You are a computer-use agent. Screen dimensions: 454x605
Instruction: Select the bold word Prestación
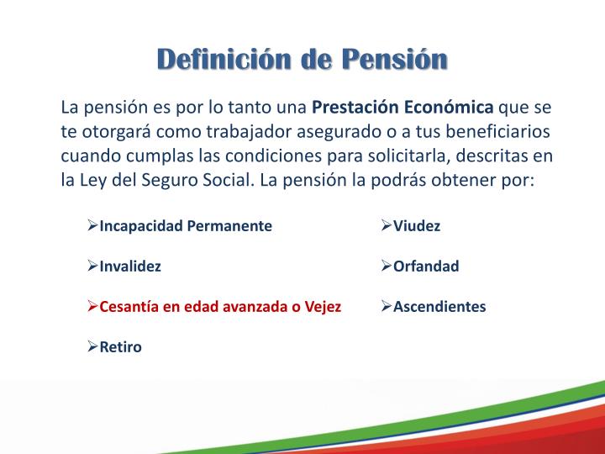pos(356,108)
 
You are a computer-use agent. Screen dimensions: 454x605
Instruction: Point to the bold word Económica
pos(450,108)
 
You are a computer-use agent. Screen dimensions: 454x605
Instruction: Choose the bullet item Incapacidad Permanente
pos(186,226)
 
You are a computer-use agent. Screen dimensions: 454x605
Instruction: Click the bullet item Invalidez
pos(130,267)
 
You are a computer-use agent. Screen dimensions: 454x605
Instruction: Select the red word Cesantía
pos(129,307)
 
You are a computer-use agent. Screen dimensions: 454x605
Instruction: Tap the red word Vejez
pos(323,307)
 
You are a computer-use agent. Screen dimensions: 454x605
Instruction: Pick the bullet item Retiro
pos(121,347)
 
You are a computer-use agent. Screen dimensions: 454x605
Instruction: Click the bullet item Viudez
pos(417,226)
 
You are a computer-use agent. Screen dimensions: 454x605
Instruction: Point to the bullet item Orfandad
pos(426,267)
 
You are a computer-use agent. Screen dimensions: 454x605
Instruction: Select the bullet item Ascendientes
pos(439,307)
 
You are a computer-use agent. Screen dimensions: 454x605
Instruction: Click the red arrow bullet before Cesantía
pos(93,307)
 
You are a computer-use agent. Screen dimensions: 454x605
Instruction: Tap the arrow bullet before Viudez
pos(387,226)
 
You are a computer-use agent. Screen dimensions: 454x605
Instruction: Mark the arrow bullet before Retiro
pos(93,347)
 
